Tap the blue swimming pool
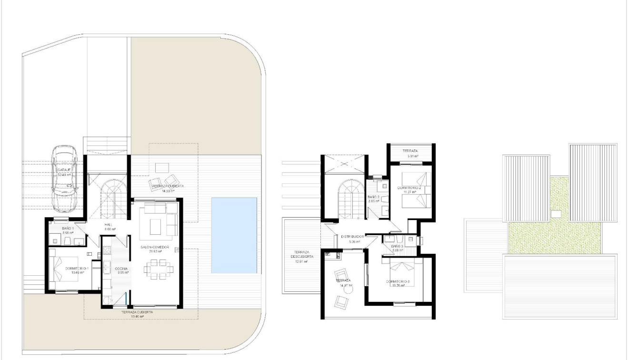(x=234, y=235)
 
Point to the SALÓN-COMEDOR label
(x=155, y=248)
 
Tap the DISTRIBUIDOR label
(x=353, y=236)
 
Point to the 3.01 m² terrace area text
(x=412, y=156)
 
